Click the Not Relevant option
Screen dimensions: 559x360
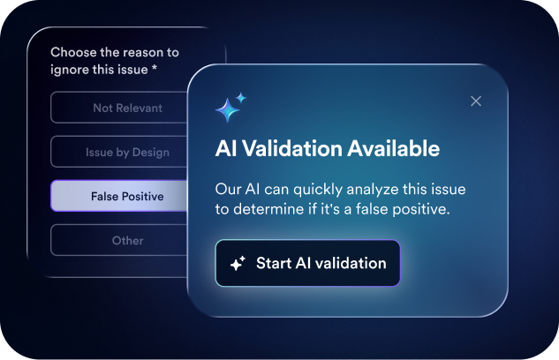click(119, 108)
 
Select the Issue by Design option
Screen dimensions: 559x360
click(119, 152)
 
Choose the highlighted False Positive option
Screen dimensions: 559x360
click(119, 196)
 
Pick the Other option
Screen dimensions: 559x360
click(119, 240)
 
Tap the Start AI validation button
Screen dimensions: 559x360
click(307, 263)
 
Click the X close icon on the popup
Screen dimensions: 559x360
click(476, 101)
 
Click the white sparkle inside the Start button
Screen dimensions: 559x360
click(238, 263)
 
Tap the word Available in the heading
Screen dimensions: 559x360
click(394, 148)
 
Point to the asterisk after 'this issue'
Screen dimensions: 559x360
click(155, 67)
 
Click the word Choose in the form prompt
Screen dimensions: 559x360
click(73, 52)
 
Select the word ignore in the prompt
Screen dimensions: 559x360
click(69, 70)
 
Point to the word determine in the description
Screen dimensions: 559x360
click(268, 209)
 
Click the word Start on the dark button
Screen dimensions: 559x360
click(274, 263)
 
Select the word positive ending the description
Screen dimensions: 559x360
click(421, 210)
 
